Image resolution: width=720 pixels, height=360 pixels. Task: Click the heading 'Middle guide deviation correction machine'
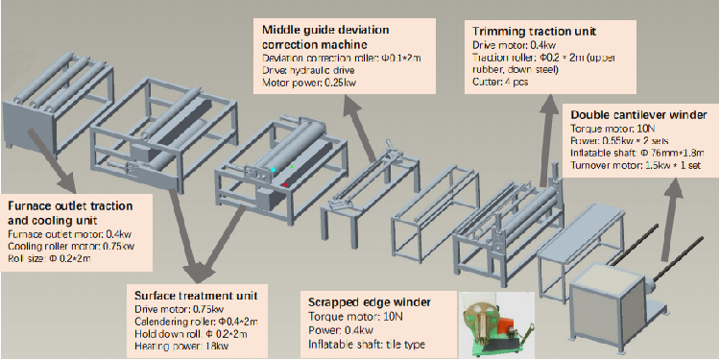(x=325, y=37)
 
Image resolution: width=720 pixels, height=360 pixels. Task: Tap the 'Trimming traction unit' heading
(x=534, y=32)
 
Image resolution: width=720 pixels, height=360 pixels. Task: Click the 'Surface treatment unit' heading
(x=195, y=295)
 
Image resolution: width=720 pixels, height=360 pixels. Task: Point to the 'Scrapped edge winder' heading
(x=370, y=302)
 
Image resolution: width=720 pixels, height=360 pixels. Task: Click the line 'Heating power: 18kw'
(x=182, y=346)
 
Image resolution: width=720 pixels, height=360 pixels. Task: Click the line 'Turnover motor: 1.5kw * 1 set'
(x=636, y=166)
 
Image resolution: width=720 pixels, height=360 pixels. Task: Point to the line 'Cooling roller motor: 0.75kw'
(x=71, y=247)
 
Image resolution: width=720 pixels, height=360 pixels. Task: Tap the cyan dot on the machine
(x=274, y=170)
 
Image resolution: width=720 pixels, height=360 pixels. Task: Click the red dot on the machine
(x=285, y=184)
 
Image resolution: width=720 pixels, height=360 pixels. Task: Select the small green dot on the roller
(x=292, y=166)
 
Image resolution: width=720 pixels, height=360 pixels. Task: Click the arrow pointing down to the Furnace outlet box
(x=53, y=159)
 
